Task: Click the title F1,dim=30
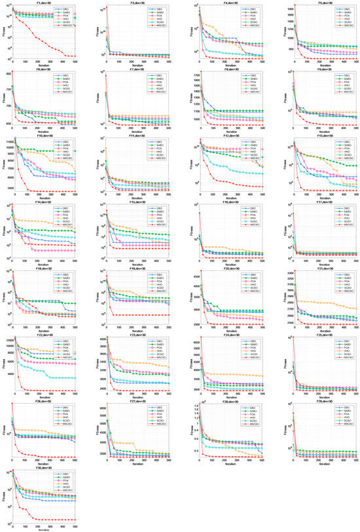point(44,3)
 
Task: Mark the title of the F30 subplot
point(44,469)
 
